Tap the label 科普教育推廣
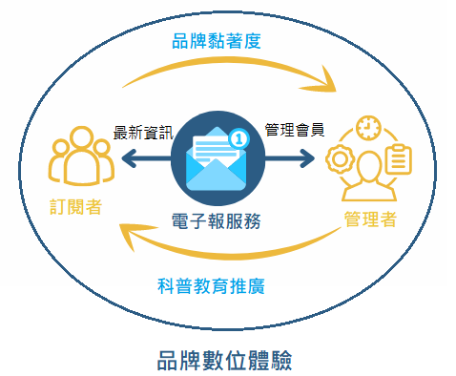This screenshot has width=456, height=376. [212, 285]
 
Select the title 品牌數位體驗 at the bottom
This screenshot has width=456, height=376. [225, 360]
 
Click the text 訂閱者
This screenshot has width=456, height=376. [77, 205]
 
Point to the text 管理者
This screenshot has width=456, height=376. [369, 219]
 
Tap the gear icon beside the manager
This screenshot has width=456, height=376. [339, 158]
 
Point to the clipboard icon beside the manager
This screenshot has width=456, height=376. [398, 159]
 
